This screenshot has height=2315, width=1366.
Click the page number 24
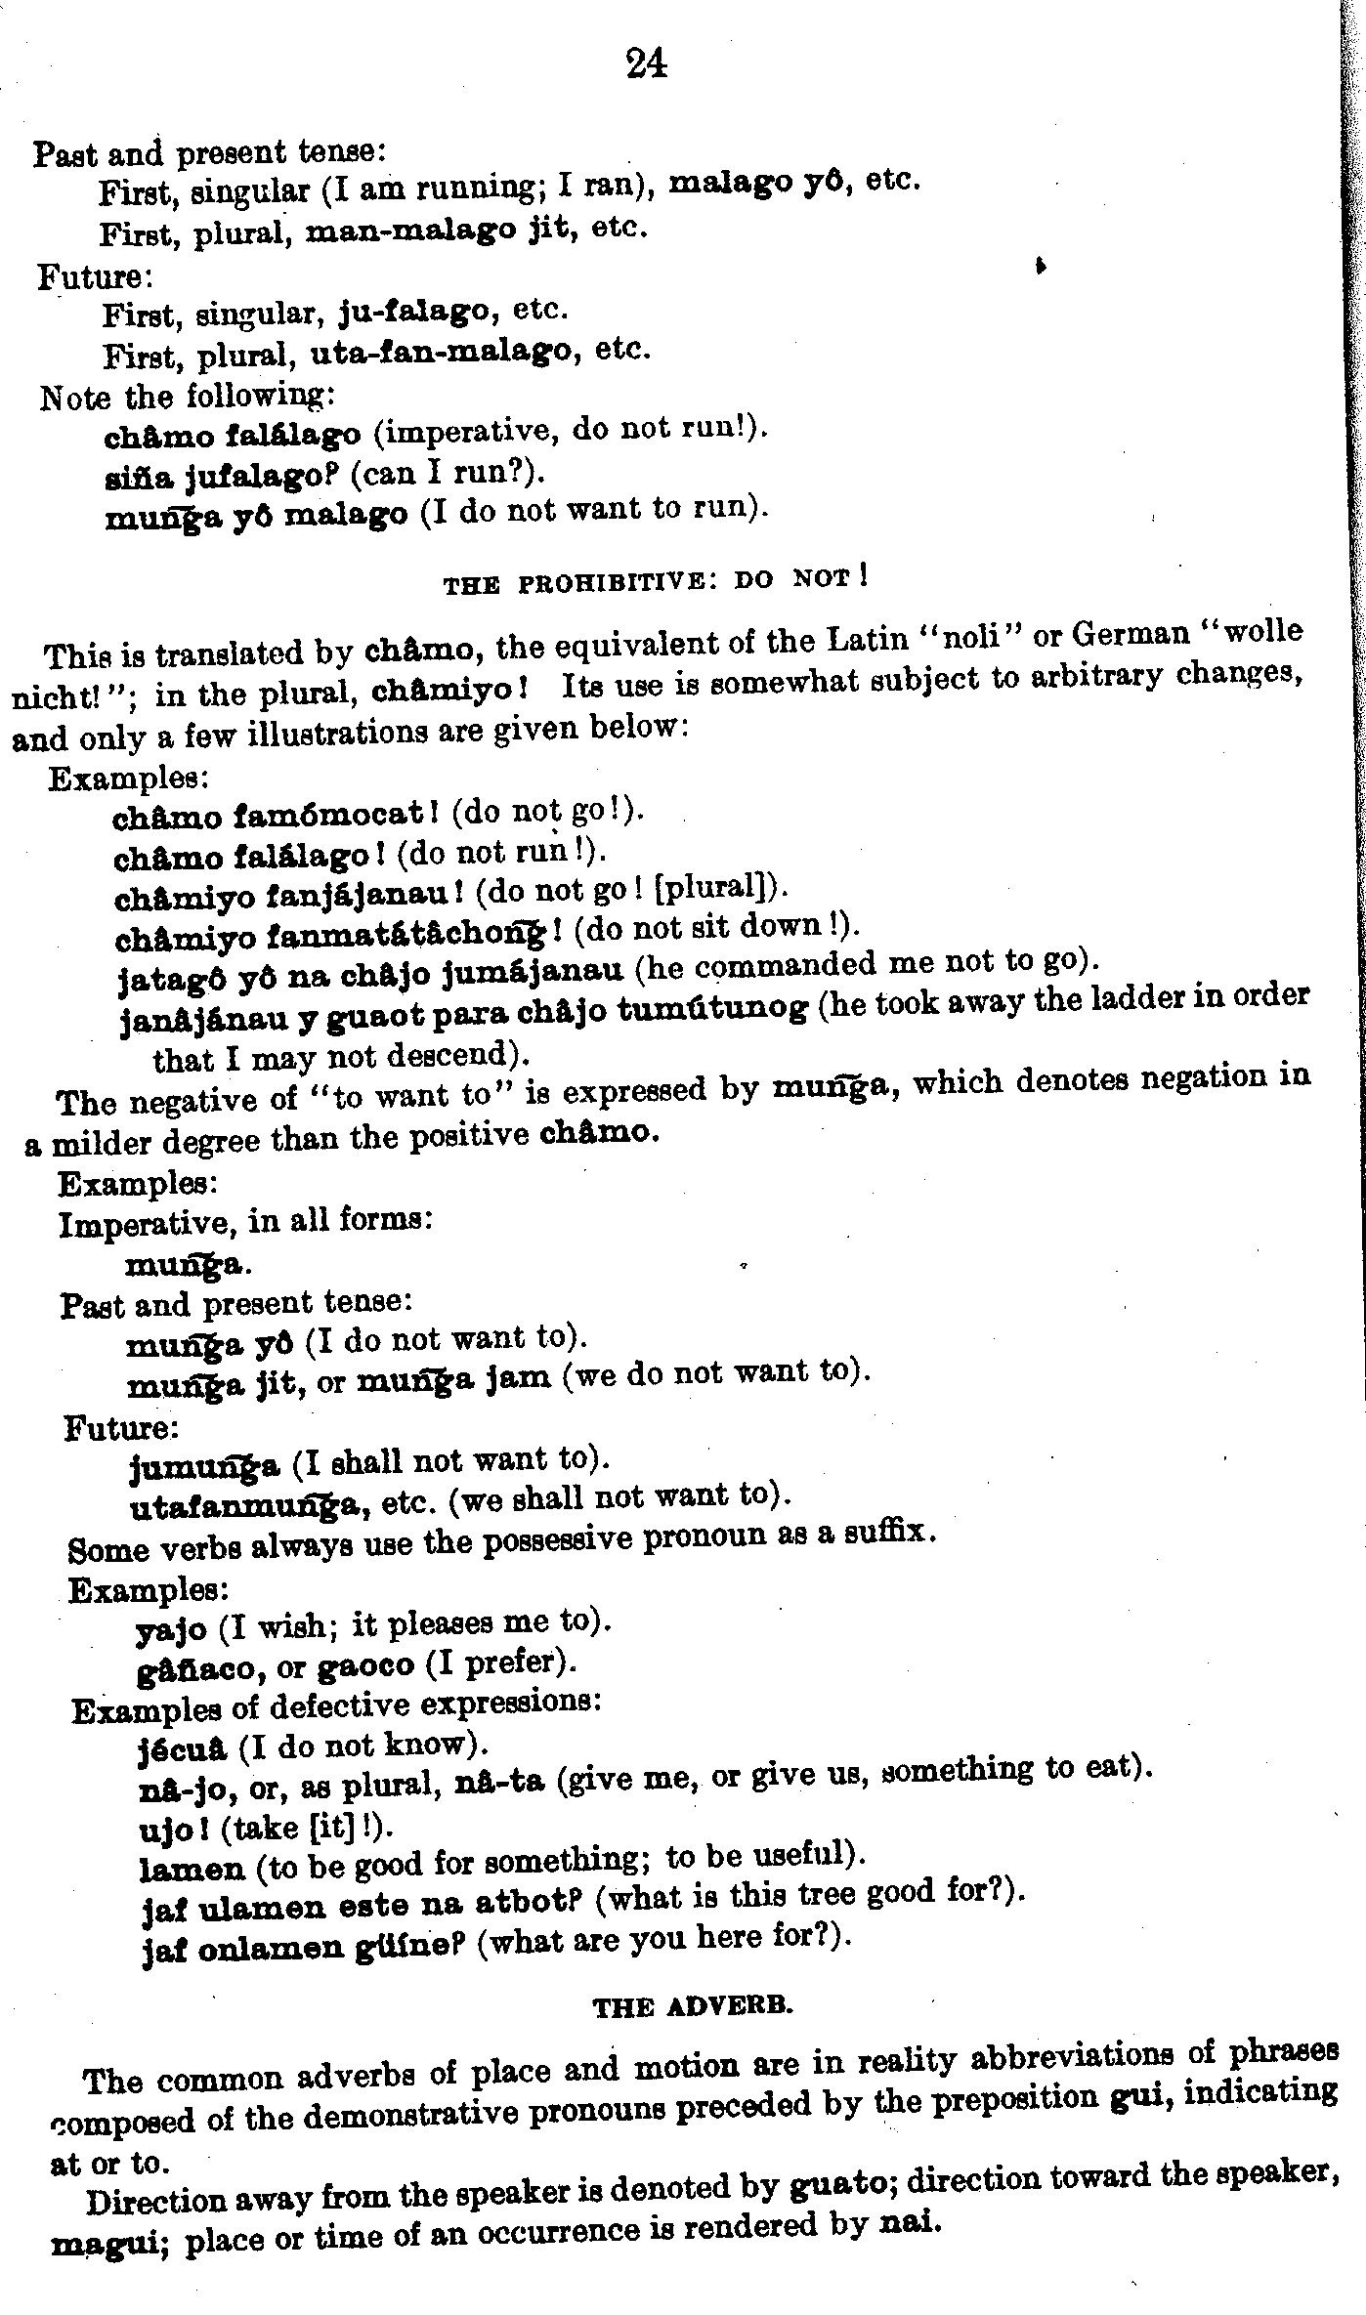coord(646,63)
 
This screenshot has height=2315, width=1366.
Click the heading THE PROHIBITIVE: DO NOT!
coord(656,581)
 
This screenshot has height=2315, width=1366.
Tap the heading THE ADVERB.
coord(693,2006)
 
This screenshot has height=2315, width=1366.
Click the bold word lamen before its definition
coord(192,1869)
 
